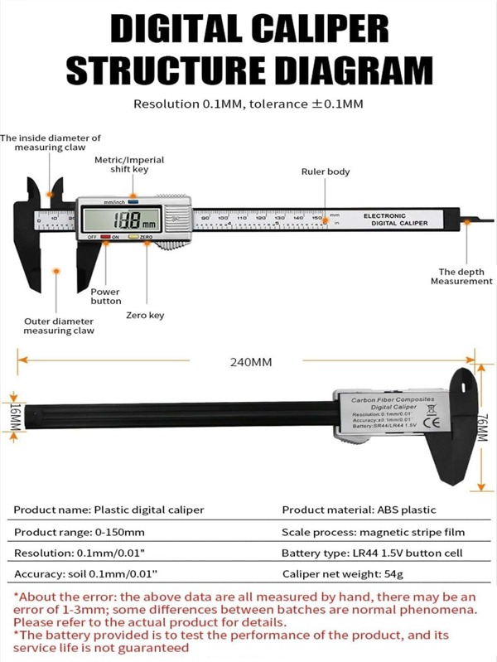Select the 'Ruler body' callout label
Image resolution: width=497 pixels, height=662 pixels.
point(325,172)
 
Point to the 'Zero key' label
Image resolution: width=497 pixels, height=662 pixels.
point(145,315)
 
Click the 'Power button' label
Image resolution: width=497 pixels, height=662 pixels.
point(105,297)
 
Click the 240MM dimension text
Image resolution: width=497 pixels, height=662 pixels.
point(250,361)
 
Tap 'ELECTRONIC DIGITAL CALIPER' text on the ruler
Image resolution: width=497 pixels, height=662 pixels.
point(396,220)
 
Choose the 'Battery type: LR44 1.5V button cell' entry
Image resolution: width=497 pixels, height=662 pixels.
point(373,553)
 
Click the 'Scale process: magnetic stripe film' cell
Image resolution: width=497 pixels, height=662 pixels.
point(373,531)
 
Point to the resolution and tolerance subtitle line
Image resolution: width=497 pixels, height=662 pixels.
point(248,104)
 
